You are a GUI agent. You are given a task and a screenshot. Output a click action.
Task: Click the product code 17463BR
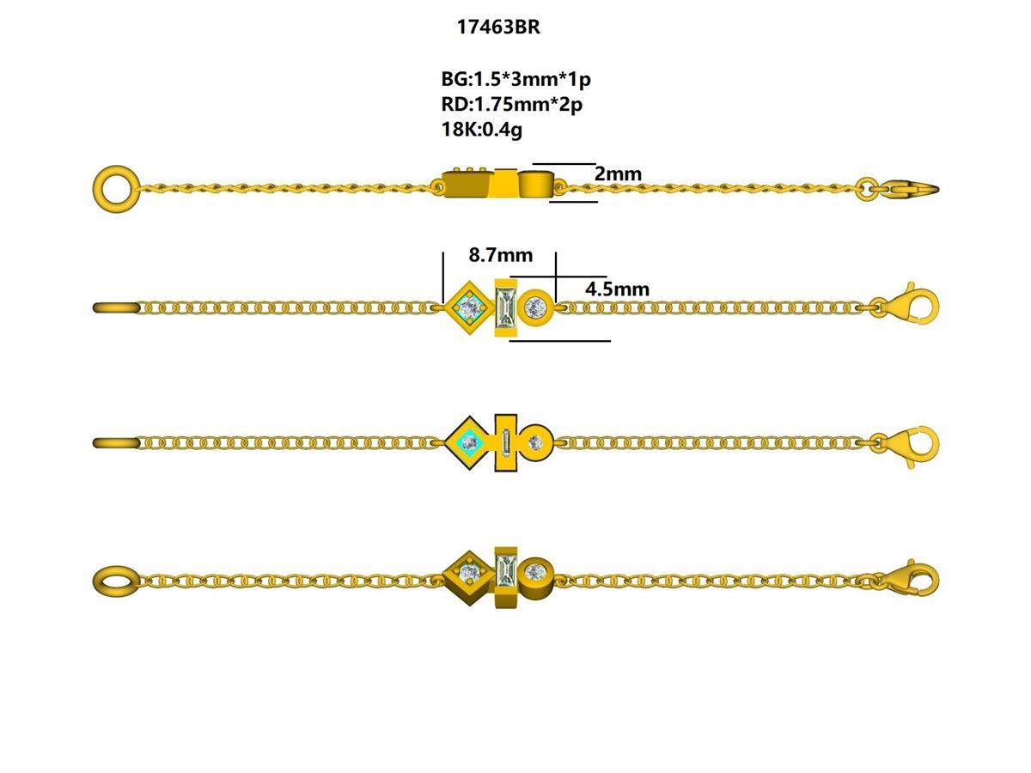click(x=498, y=27)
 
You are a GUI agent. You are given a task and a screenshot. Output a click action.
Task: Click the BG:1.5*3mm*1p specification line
click(x=515, y=80)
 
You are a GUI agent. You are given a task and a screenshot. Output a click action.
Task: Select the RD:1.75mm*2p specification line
click(x=511, y=105)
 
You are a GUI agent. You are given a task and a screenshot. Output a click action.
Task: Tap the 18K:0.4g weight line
click(x=482, y=130)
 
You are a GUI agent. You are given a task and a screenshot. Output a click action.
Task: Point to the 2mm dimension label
click(x=618, y=174)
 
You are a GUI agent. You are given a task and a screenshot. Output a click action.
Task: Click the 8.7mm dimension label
click(x=500, y=255)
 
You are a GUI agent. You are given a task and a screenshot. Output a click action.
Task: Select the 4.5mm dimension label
click(x=617, y=289)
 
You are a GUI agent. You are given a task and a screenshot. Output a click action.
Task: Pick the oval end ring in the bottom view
click(x=115, y=581)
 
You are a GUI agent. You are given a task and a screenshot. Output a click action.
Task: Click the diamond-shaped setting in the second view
click(x=469, y=306)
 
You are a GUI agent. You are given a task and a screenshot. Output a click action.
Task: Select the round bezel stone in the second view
click(x=536, y=306)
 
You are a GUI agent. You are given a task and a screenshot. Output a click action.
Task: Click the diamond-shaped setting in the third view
click(x=469, y=442)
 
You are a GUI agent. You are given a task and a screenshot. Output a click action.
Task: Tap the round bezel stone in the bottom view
click(x=537, y=570)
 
